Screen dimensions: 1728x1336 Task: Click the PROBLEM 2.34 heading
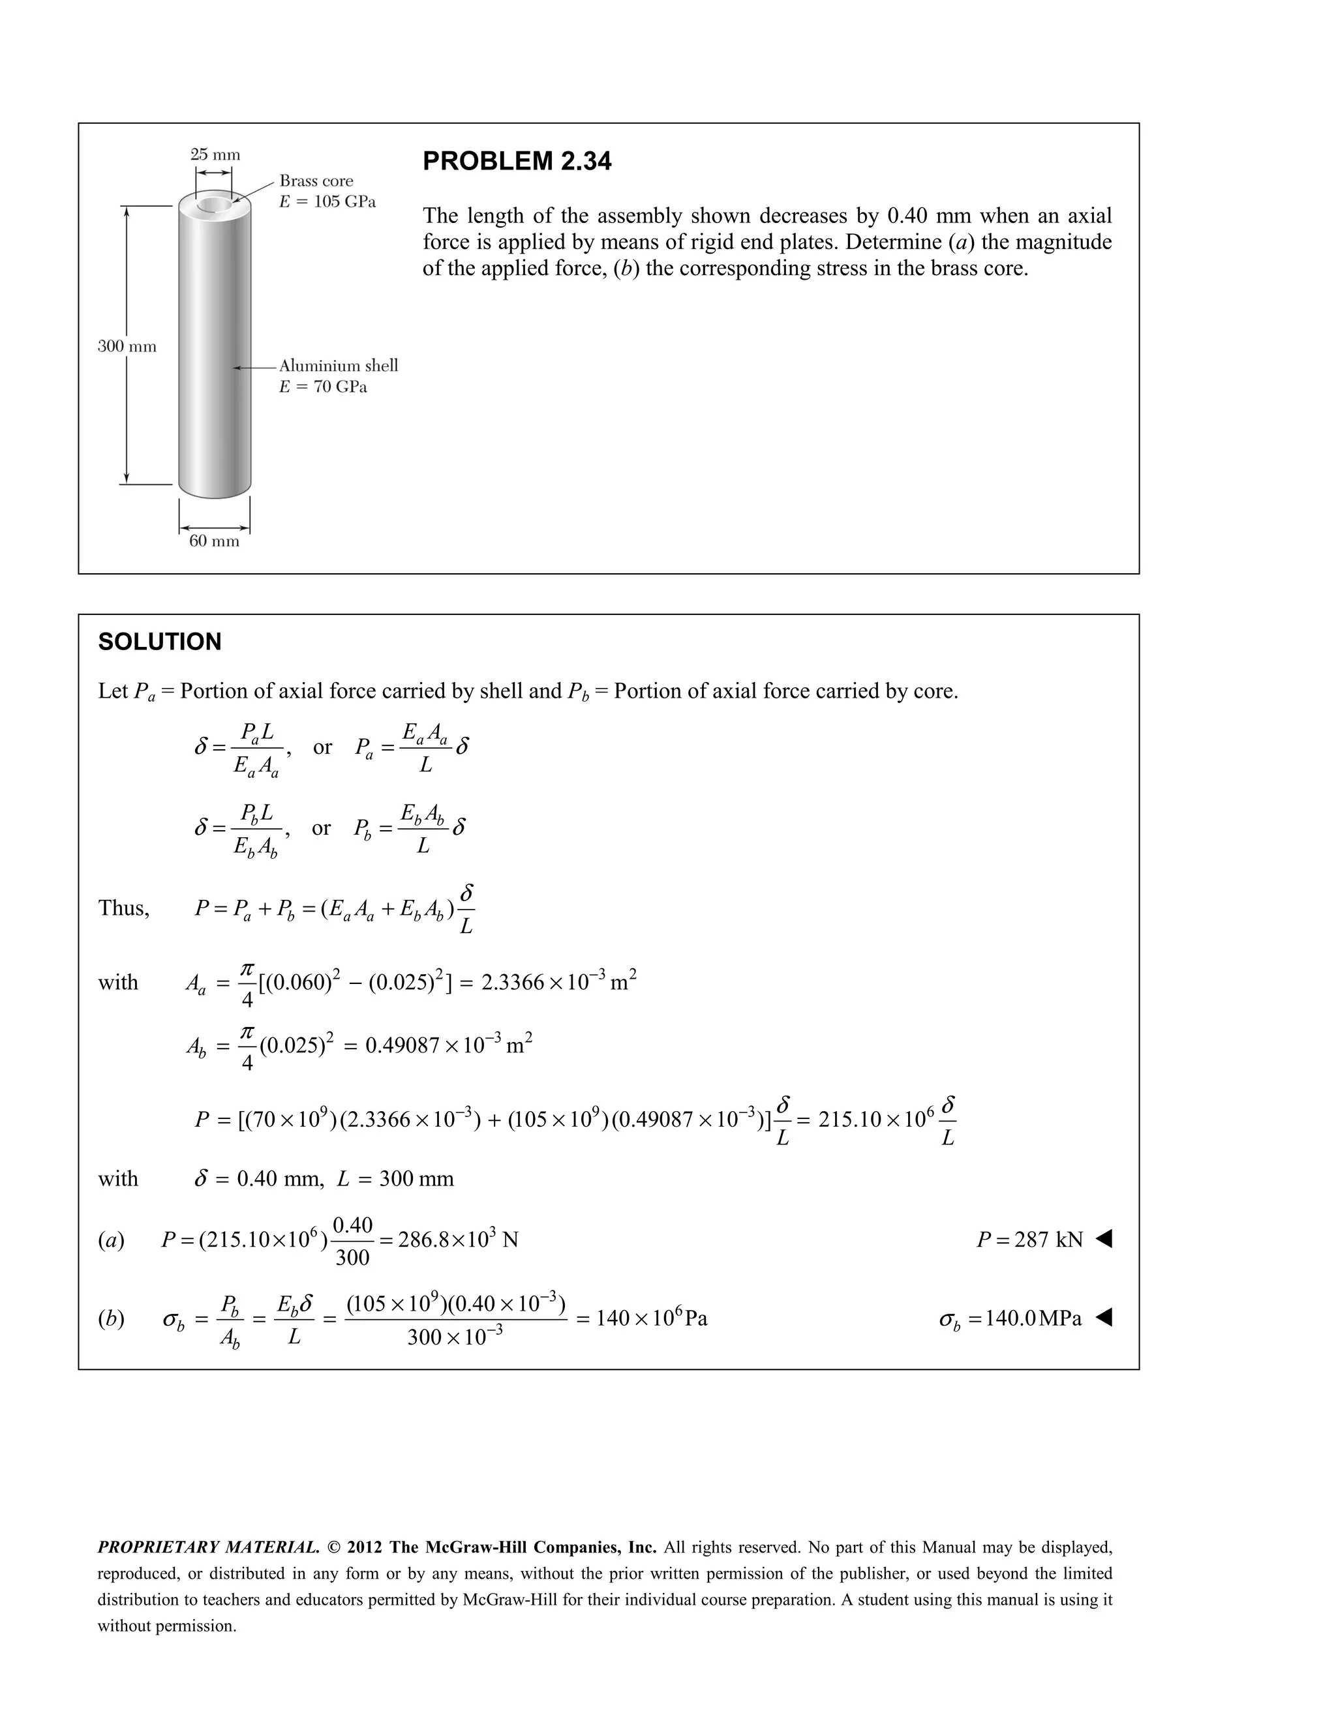pyautogui.click(x=517, y=162)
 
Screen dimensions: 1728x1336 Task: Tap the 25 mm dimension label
pyautogui.click(x=215, y=155)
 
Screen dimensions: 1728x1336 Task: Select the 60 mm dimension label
pyautogui.click(x=214, y=541)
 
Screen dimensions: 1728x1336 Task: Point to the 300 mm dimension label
pyautogui.click(x=127, y=346)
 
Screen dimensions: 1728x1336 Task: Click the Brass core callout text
pyautogui.click(x=316, y=181)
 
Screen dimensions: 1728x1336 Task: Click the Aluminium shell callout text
pyautogui.click(x=338, y=366)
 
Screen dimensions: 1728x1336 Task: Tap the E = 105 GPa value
pyautogui.click(x=327, y=201)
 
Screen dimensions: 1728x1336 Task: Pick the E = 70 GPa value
pyautogui.click(x=323, y=387)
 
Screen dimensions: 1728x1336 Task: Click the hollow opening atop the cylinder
pyautogui.click(x=215, y=205)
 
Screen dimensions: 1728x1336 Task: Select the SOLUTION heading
pyautogui.click(x=160, y=642)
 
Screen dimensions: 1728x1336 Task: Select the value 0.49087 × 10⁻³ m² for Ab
pyautogui.click(x=448, y=1045)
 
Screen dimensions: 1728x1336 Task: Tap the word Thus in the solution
pyautogui.click(x=123, y=908)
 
